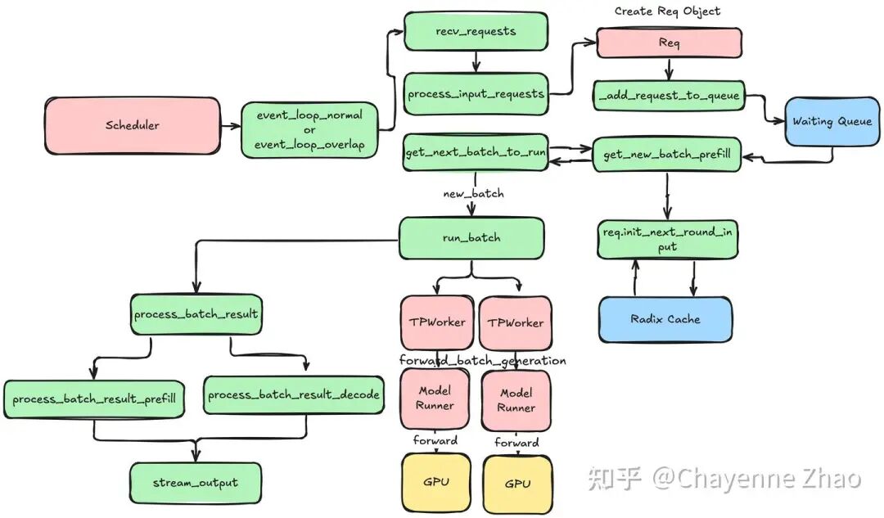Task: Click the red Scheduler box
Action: pyautogui.click(x=132, y=126)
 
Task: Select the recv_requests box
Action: pyautogui.click(x=476, y=32)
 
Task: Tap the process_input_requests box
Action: pyautogui.click(x=476, y=94)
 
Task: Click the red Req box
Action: pyautogui.click(x=669, y=43)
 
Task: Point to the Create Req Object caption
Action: pyautogui.click(x=668, y=11)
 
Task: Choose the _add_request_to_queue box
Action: pyautogui.click(x=669, y=96)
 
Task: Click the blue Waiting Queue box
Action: pyautogui.click(x=832, y=122)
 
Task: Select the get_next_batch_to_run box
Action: pyautogui.click(x=476, y=153)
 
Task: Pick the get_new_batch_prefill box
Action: pyautogui.click(x=666, y=154)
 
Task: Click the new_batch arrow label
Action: pyautogui.click(x=473, y=194)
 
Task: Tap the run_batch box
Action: pyautogui.click(x=471, y=237)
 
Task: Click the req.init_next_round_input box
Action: pyautogui.click(x=667, y=239)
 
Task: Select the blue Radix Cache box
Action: pyautogui.click(x=665, y=319)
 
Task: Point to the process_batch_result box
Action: pyautogui.click(x=196, y=314)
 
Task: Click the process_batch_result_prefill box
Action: pyautogui.click(x=93, y=399)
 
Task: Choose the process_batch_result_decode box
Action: pyautogui.click(x=293, y=395)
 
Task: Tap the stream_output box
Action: pyautogui.click(x=195, y=483)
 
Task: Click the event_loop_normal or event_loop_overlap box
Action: pyautogui.click(x=309, y=130)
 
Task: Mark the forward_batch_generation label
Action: pyautogui.click(x=482, y=361)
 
